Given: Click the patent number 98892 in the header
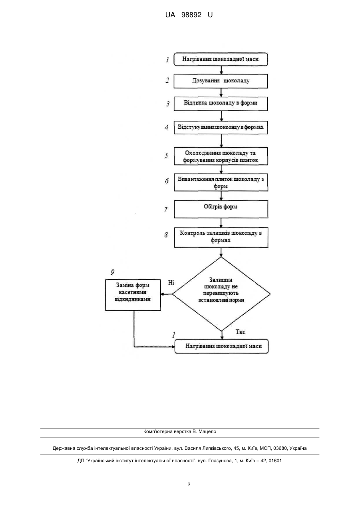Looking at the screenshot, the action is coord(191,15).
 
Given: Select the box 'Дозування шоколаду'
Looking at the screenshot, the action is coord(221,81).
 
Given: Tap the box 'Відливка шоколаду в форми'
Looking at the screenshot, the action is coord(221,104).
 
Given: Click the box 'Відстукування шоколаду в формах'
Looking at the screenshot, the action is coord(221,128).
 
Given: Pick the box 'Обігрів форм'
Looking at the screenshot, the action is coord(221,209).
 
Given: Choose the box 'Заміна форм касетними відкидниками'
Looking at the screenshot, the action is coord(133,295).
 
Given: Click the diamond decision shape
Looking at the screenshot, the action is coord(221,294).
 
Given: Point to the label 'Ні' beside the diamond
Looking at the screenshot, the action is coord(171,283).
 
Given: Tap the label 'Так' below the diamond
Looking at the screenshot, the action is coord(241,332).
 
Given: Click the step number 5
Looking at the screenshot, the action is coord(167,156).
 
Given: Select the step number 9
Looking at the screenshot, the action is coord(113,272).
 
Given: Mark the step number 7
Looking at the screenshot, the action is coord(166,209).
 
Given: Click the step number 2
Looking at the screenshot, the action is coord(167,80).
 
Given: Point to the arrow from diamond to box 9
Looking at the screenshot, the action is coord(167,294).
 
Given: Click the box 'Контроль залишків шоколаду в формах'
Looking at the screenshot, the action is coord(221,238).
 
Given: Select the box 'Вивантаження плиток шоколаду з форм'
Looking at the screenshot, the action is coord(221,182).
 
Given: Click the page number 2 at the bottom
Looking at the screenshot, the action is coord(189,485).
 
